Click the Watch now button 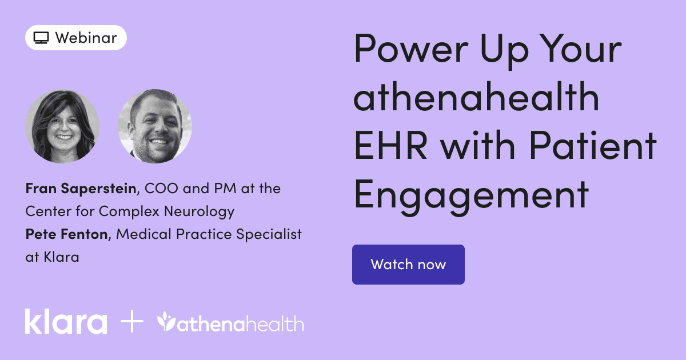[408, 265]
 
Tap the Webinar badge [75, 38]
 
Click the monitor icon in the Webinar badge [41, 38]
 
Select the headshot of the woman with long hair [62, 126]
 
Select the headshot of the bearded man [155, 126]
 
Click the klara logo [66, 322]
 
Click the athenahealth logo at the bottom [230, 323]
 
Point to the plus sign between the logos [132, 322]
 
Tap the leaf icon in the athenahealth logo [167, 322]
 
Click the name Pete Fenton [66, 234]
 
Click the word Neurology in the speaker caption [200, 211]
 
